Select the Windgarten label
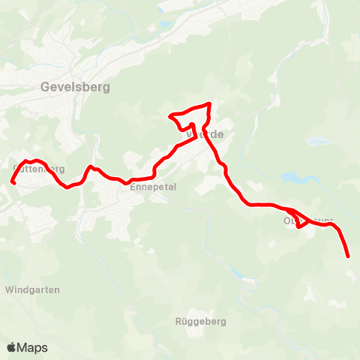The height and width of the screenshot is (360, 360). click(x=32, y=289)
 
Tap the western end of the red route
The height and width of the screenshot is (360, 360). click(x=12, y=181)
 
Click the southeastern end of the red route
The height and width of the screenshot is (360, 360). click(x=349, y=257)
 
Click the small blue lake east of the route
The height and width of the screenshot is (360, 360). click(x=290, y=178)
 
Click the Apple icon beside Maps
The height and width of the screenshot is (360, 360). click(x=12, y=347)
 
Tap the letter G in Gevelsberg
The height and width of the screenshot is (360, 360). click(x=43, y=87)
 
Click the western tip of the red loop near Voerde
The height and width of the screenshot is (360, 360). click(x=171, y=117)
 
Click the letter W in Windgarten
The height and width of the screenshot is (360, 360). click(x=9, y=289)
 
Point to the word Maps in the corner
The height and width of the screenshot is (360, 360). click(x=33, y=347)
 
